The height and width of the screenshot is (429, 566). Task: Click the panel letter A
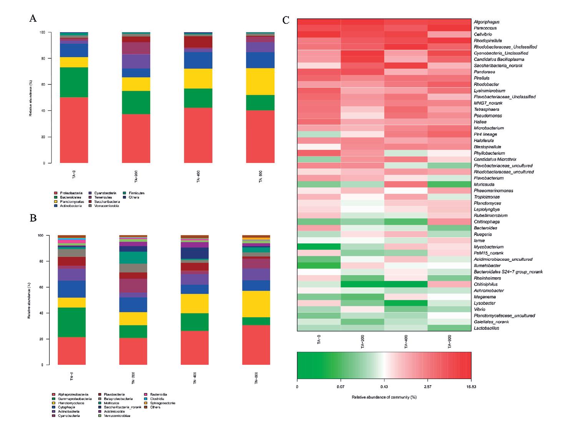[x=33, y=18]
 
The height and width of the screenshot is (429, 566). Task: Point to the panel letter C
[x=286, y=20]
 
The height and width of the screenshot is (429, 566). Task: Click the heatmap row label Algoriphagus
[x=486, y=22]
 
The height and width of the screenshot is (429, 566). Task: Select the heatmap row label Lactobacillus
[x=486, y=328]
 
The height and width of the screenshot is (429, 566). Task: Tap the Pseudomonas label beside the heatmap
[x=488, y=116]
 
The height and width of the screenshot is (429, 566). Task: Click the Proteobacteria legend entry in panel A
[x=71, y=193]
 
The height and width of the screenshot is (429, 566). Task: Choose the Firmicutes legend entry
[x=134, y=193]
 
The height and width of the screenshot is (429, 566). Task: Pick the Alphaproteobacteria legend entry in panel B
[x=73, y=394]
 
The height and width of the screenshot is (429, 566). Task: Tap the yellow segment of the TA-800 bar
[x=260, y=81]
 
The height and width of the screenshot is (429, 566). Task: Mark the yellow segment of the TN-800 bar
[x=256, y=304]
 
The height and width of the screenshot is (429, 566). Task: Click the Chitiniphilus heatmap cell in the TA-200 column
[x=362, y=284]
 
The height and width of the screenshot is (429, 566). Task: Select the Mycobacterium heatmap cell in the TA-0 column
[x=319, y=247]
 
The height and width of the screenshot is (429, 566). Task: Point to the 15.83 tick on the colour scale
[x=471, y=387]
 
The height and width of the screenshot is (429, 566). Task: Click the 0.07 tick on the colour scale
[x=340, y=387]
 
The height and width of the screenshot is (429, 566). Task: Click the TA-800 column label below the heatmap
[x=450, y=341]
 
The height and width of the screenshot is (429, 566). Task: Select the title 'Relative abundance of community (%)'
[x=384, y=397]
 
